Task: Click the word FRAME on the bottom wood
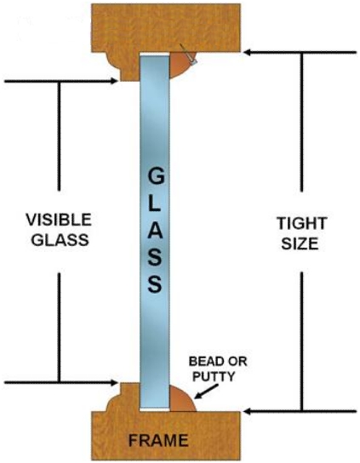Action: [x=158, y=441]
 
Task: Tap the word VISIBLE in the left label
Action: [x=59, y=220]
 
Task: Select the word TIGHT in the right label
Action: [x=302, y=223]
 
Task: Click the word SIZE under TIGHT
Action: [x=300, y=244]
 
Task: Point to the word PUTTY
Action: [x=214, y=376]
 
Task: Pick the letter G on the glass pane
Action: [x=156, y=175]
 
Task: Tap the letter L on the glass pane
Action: [x=155, y=203]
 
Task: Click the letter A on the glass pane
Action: [x=156, y=230]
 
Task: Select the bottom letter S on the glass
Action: [x=156, y=283]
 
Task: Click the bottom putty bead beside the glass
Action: [x=180, y=399]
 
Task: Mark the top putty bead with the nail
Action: [x=180, y=65]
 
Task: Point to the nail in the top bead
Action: [x=189, y=54]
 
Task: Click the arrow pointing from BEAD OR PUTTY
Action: [x=206, y=392]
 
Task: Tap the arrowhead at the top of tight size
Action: [x=249, y=53]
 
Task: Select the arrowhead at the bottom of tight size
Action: [x=249, y=411]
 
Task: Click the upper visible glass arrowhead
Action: [x=114, y=81]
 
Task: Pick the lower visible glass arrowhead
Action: [x=114, y=383]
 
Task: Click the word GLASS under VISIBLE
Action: [x=60, y=240]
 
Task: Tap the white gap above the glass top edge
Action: [x=154, y=54]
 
